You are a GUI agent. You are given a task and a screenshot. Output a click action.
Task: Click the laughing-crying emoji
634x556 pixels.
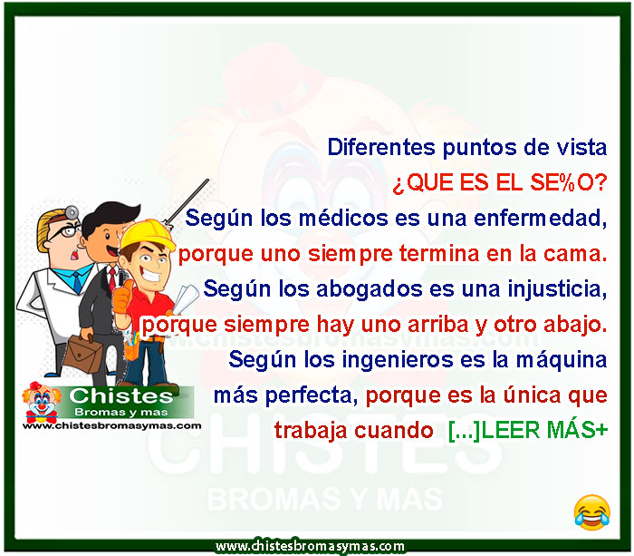(592, 512)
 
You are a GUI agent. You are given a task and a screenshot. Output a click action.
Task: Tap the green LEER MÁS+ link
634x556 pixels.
(528, 430)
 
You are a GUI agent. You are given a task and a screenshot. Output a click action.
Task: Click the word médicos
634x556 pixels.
(343, 218)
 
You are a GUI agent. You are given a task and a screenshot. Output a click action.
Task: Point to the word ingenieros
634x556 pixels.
(398, 359)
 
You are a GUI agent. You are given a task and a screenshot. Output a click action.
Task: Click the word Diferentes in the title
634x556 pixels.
(381, 147)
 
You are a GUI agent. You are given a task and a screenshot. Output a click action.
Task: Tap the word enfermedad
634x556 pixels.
(540, 219)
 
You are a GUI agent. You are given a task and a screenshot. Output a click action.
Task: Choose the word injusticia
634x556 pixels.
(557, 290)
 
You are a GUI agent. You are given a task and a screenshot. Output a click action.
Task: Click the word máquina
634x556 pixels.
(562, 360)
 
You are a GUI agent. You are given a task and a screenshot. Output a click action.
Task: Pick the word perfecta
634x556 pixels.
(312, 395)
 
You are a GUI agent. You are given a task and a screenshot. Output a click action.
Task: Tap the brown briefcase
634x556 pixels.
(83, 353)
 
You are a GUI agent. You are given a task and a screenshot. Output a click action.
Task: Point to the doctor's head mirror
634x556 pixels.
(72, 212)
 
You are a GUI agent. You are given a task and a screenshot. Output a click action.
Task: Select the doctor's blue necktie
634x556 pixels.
(77, 282)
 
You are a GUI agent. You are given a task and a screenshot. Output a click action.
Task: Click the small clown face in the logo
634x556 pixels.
(42, 402)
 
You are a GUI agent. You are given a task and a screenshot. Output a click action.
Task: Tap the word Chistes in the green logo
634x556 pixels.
(121, 396)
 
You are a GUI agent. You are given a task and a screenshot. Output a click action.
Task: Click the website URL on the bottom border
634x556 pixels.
(310, 546)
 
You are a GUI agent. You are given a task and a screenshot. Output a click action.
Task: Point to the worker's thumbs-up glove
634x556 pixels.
(122, 298)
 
